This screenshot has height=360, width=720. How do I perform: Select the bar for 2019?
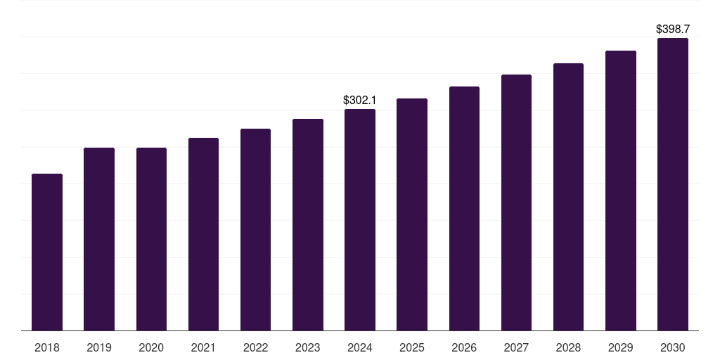(x=99, y=239)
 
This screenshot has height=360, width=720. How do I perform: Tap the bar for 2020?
(x=151, y=239)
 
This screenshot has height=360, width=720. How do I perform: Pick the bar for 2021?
(x=203, y=234)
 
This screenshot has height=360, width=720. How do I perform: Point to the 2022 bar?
(x=255, y=229)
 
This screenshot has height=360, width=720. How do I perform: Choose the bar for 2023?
(x=308, y=224)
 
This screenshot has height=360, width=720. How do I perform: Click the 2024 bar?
(x=360, y=219)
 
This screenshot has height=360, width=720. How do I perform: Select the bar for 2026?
(x=464, y=208)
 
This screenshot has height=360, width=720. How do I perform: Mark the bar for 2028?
(x=568, y=197)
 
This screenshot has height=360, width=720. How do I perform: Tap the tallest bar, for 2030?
(x=673, y=184)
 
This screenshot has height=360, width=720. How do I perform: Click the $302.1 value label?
(x=360, y=101)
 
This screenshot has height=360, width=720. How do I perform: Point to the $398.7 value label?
(x=673, y=30)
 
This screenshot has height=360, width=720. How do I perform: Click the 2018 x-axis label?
(x=47, y=347)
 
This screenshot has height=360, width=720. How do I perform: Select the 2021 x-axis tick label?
(x=203, y=347)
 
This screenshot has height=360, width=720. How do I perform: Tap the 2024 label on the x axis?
(x=360, y=347)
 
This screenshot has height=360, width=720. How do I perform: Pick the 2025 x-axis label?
(x=412, y=347)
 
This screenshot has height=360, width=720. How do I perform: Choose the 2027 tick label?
(x=516, y=347)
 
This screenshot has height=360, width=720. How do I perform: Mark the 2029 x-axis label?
(x=621, y=347)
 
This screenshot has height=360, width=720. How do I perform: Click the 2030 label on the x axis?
(x=673, y=347)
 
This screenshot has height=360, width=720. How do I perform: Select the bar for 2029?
(x=621, y=191)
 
